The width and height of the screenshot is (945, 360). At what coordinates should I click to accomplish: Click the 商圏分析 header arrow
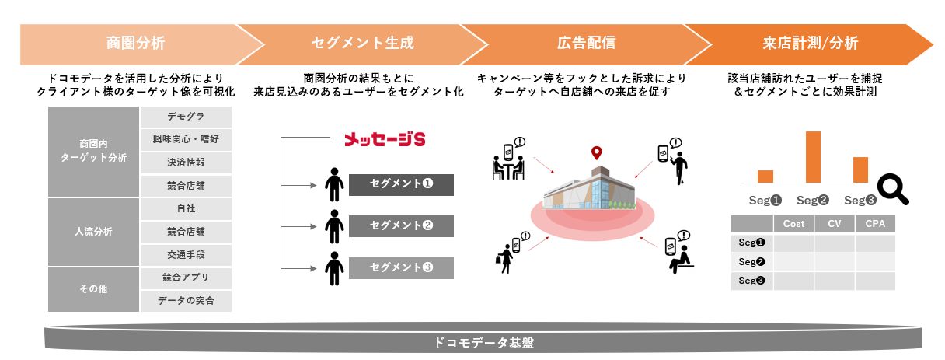click(x=136, y=44)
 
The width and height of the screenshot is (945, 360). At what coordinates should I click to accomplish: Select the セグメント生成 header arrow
click(x=361, y=44)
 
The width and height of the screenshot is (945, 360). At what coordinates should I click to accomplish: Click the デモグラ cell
click(x=186, y=117)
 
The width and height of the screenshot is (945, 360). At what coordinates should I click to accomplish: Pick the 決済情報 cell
click(x=186, y=163)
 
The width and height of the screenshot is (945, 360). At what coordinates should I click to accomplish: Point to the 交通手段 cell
click(x=186, y=254)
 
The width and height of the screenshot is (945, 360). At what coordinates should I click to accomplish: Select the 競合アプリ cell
click(x=186, y=278)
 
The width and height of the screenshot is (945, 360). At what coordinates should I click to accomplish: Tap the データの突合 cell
click(x=186, y=300)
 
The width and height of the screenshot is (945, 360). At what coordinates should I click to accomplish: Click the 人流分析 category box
click(x=93, y=232)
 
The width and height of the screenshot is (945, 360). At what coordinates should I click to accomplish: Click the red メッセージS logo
click(x=385, y=140)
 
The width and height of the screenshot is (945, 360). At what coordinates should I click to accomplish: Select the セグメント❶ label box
click(x=401, y=185)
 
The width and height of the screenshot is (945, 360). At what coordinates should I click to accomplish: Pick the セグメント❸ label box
click(x=401, y=268)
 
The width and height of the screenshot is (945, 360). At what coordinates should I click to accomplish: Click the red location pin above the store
click(x=596, y=153)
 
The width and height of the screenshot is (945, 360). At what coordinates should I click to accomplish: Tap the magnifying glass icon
click(x=893, y=189)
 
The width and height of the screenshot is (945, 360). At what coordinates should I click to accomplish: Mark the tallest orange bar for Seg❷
click(x=813, y=156)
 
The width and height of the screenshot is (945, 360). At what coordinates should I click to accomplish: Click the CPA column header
click(x=875, y=224)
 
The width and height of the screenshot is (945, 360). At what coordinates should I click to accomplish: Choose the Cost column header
click(x=793, y=224)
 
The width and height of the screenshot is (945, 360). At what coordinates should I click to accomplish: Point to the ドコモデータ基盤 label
click(x=483, y=341)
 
